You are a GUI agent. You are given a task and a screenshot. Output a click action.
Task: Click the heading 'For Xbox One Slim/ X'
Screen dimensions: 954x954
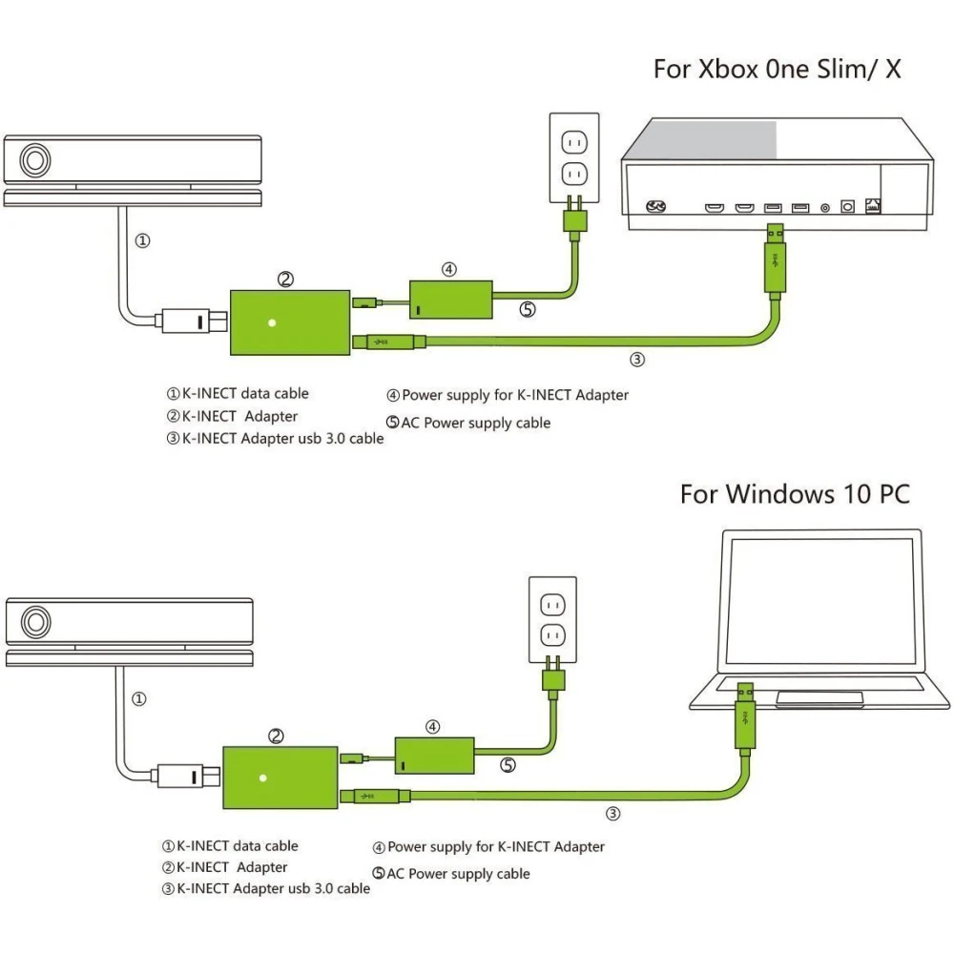click(x=777, y=69)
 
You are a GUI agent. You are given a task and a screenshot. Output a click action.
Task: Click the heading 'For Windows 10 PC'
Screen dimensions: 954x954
click(x=795, y=494)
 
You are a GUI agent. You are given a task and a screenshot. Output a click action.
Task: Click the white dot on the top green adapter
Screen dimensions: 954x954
click(x=272, y=322)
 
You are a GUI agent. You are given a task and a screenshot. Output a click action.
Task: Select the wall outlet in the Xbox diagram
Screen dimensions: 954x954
click(x=574, y=158)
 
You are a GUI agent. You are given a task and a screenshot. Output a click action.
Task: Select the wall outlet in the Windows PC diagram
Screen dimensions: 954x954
click(x=553, y=619)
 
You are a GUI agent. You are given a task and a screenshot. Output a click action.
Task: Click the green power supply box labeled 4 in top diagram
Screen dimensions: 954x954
click(x=450, y=300)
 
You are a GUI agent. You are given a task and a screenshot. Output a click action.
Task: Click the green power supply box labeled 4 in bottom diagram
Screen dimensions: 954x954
click(x=435, y=755)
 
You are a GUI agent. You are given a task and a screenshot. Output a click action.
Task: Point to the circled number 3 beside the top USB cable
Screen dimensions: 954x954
click(x=637, y=360)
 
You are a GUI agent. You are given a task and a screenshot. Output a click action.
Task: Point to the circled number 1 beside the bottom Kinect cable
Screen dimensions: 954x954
click(x=138, y=699)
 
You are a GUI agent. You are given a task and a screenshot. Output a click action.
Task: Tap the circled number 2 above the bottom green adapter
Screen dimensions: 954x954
click(x=276, y=736)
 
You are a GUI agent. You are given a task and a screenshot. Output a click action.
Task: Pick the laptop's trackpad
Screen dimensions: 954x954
click(x=820, y=699)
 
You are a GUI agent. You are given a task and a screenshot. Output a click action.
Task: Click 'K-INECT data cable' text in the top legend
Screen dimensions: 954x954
click(x=245, y=393)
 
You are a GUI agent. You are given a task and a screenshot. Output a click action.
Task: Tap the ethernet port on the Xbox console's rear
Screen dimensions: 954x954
click(x=873, y=206)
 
